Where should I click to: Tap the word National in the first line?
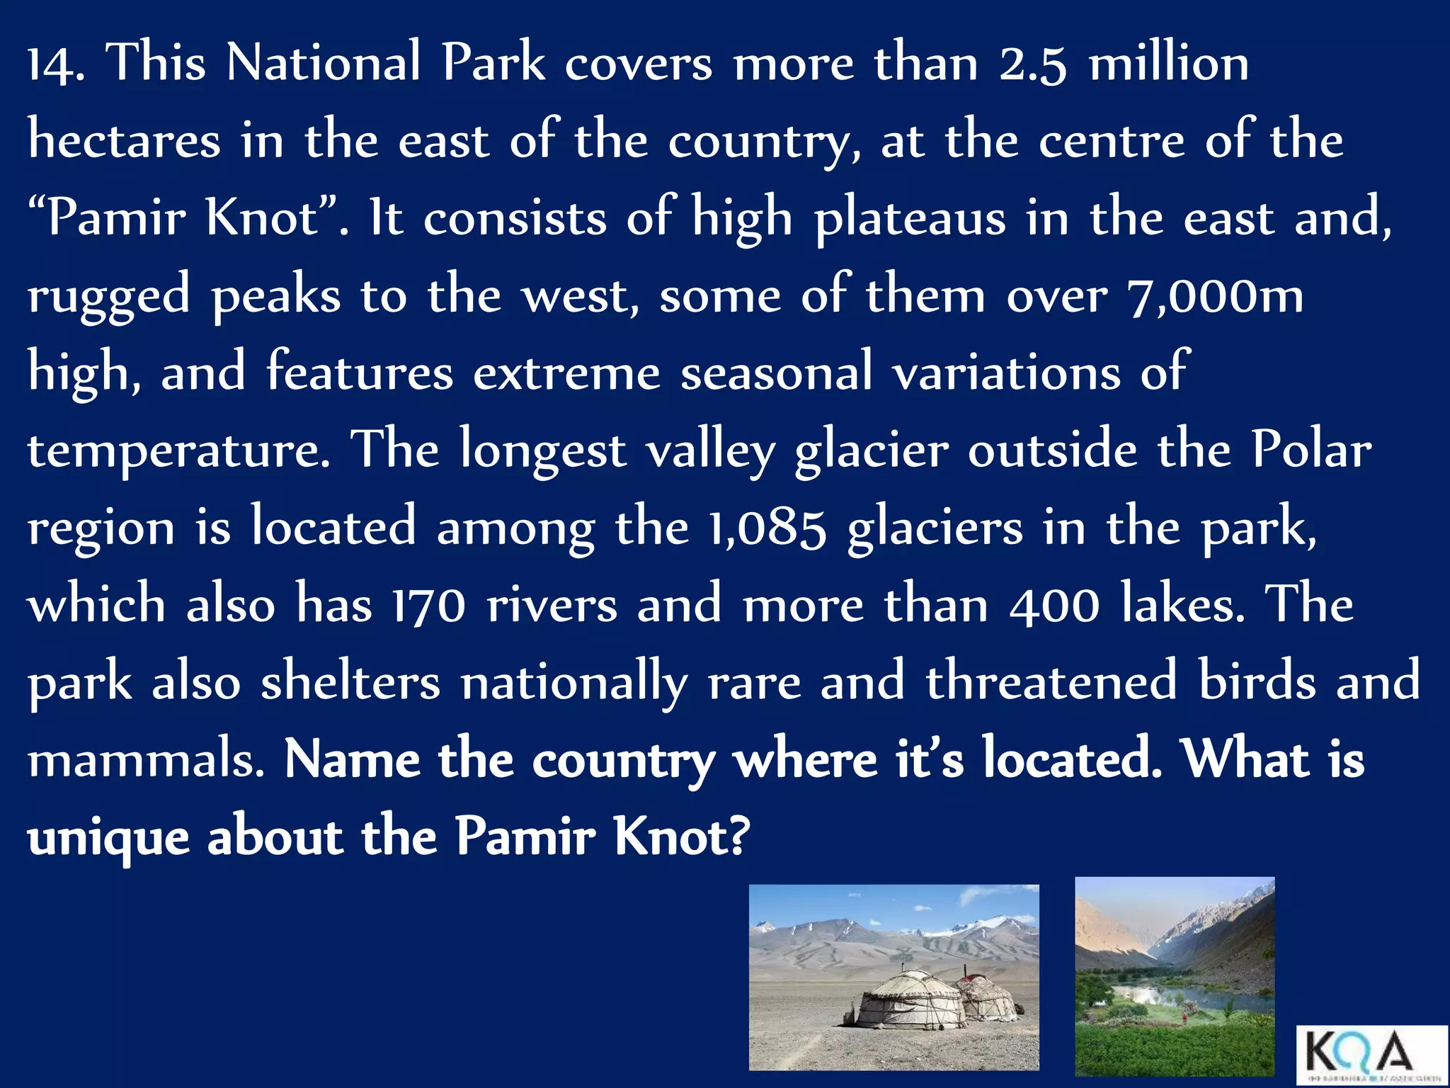pos(324,63)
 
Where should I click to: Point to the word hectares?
pos(124,140)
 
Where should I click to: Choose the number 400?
pos(1054,606)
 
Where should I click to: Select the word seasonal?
pos(776,373)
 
